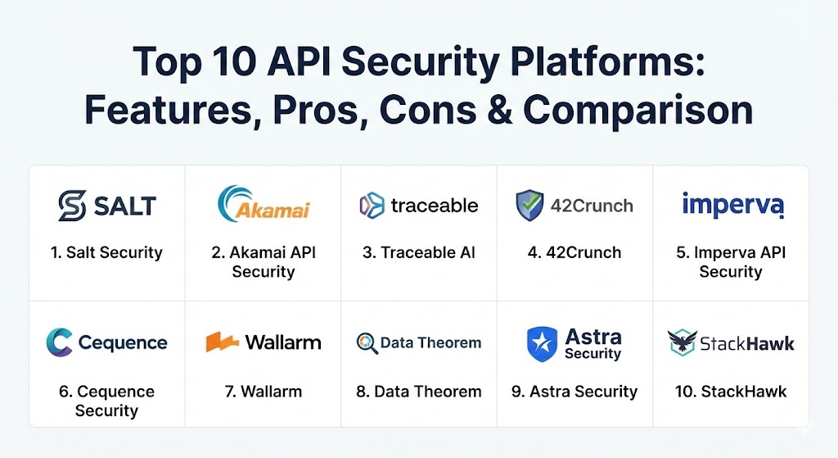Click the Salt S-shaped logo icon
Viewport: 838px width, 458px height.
(x=72, y=206)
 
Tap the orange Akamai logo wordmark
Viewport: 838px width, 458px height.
(x=273, y=211)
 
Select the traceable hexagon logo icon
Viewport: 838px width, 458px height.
(x=372, y=206)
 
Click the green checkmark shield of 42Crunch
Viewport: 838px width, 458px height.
(x=529, y=206)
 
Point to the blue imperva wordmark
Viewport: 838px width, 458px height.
(x=732, y=205)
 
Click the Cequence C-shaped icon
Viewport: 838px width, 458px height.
(x=59, y=342)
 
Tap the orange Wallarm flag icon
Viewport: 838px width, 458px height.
(x=222, y=342)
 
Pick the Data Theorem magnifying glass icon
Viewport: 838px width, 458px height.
(x=367, y=343)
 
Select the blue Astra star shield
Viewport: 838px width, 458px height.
(x=542, y=344)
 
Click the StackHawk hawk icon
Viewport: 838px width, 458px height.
(x=683, y=342)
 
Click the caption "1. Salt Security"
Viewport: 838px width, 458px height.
(x=106, y=252)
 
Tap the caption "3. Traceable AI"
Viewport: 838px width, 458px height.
(x=418, y=252)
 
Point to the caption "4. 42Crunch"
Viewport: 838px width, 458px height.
(x=574, y=252)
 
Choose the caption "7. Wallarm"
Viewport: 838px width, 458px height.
(x=263, y=392)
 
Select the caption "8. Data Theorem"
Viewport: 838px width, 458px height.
(x=418, y=392)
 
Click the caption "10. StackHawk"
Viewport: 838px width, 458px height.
(x=731, y=392)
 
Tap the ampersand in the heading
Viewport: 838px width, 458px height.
(x=500, y=111)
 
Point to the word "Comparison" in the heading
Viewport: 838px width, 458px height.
(x=638, y=111)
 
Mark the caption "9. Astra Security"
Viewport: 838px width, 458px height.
(x=574, y=392)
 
